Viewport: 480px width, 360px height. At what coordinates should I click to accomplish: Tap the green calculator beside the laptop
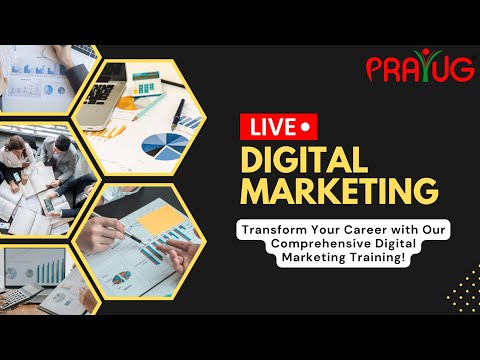[147, 85]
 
